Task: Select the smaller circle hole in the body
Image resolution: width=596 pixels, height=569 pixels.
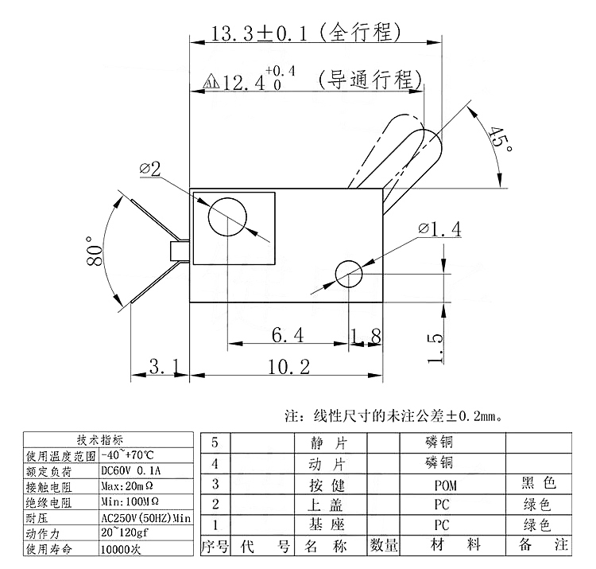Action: coord(349,274)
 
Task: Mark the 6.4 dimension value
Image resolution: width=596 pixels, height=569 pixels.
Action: coord(288,336)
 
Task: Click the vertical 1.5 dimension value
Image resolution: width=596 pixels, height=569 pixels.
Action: coord(435,348)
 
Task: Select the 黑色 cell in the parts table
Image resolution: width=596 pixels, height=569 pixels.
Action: coord(539,483)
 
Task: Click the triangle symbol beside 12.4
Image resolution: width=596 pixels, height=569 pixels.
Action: coord(211,81)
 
